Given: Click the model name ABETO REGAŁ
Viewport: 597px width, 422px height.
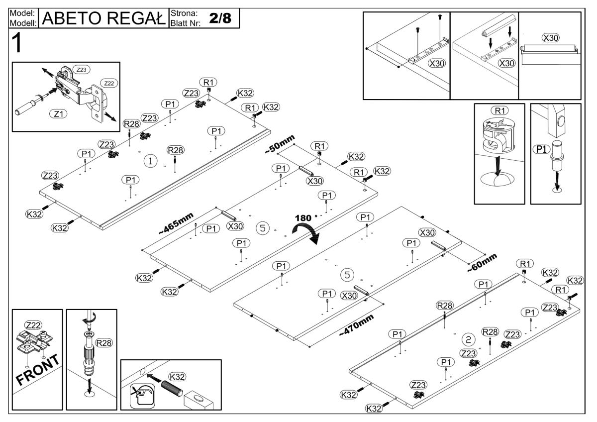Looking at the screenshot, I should (x=104, y=18).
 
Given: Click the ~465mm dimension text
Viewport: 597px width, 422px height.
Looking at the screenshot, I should (x=176, y=222).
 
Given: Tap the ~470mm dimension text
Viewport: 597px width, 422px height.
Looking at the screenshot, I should (x=356, y=325).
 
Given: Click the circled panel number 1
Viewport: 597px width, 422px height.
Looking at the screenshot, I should (x=150, y=161).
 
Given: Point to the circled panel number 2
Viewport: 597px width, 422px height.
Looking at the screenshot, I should (x=468, y=339).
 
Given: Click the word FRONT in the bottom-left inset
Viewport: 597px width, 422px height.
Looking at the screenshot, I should (x=37, y=371).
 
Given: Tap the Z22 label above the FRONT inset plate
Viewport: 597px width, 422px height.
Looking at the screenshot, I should (x=33, y=324).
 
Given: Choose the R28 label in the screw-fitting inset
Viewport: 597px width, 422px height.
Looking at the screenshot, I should (x=104, y=343).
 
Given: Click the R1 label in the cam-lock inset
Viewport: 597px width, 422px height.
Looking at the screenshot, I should (x=497, y=110).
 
